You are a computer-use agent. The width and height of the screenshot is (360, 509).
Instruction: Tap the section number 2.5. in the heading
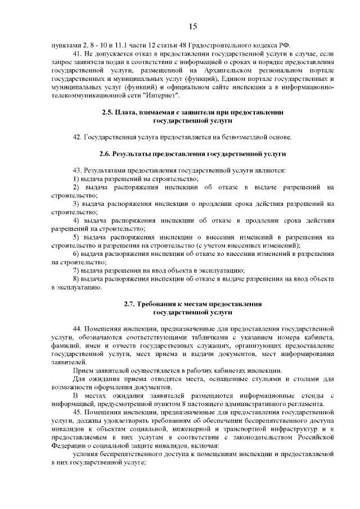(107, 113)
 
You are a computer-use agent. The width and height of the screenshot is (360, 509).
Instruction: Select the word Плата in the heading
(127, 113)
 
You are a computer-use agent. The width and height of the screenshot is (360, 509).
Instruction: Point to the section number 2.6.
(105, 154)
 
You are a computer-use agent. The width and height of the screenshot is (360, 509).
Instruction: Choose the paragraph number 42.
(78, 137)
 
